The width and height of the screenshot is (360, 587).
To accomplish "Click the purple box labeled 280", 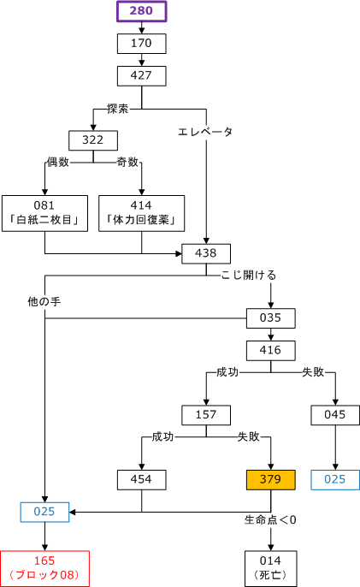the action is (x=141, y=11).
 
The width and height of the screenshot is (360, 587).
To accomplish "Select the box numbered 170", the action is (x=141, y=44).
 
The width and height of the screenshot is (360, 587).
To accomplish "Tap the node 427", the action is (x=141, y=76).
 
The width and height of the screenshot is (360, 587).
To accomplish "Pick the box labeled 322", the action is (x=93, y=140).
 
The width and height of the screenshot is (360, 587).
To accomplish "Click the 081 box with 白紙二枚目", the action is (x=44, y=213).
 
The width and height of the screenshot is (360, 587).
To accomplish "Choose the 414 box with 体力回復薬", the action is (x=141, y=213).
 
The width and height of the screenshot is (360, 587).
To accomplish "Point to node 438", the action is (x=206, y=254).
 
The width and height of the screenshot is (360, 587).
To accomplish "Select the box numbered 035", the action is (x=270, y=318).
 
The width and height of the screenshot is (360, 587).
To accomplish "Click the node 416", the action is (x=270, y=351).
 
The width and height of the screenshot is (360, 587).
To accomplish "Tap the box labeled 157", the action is (x=206, y=415).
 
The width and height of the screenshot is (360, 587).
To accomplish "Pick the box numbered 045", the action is (x=335, y=415).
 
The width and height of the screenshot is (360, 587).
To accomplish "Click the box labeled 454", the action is (x=141, y=479).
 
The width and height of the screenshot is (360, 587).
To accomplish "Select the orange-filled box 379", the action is (x=270, y=479).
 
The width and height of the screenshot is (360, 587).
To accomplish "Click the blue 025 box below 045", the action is (x=335, y=479).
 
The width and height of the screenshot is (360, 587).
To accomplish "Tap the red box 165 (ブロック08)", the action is (x=44, y=568).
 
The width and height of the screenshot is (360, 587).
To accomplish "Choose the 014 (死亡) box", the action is (x=270, y=568).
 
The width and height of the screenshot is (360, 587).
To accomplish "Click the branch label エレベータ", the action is (x=205, y=132).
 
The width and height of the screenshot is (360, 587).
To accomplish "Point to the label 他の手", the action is (x=44, y=301).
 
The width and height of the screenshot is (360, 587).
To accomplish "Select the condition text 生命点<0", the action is (x=270, y=520).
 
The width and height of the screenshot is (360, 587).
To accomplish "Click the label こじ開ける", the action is (x=249, y=276).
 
